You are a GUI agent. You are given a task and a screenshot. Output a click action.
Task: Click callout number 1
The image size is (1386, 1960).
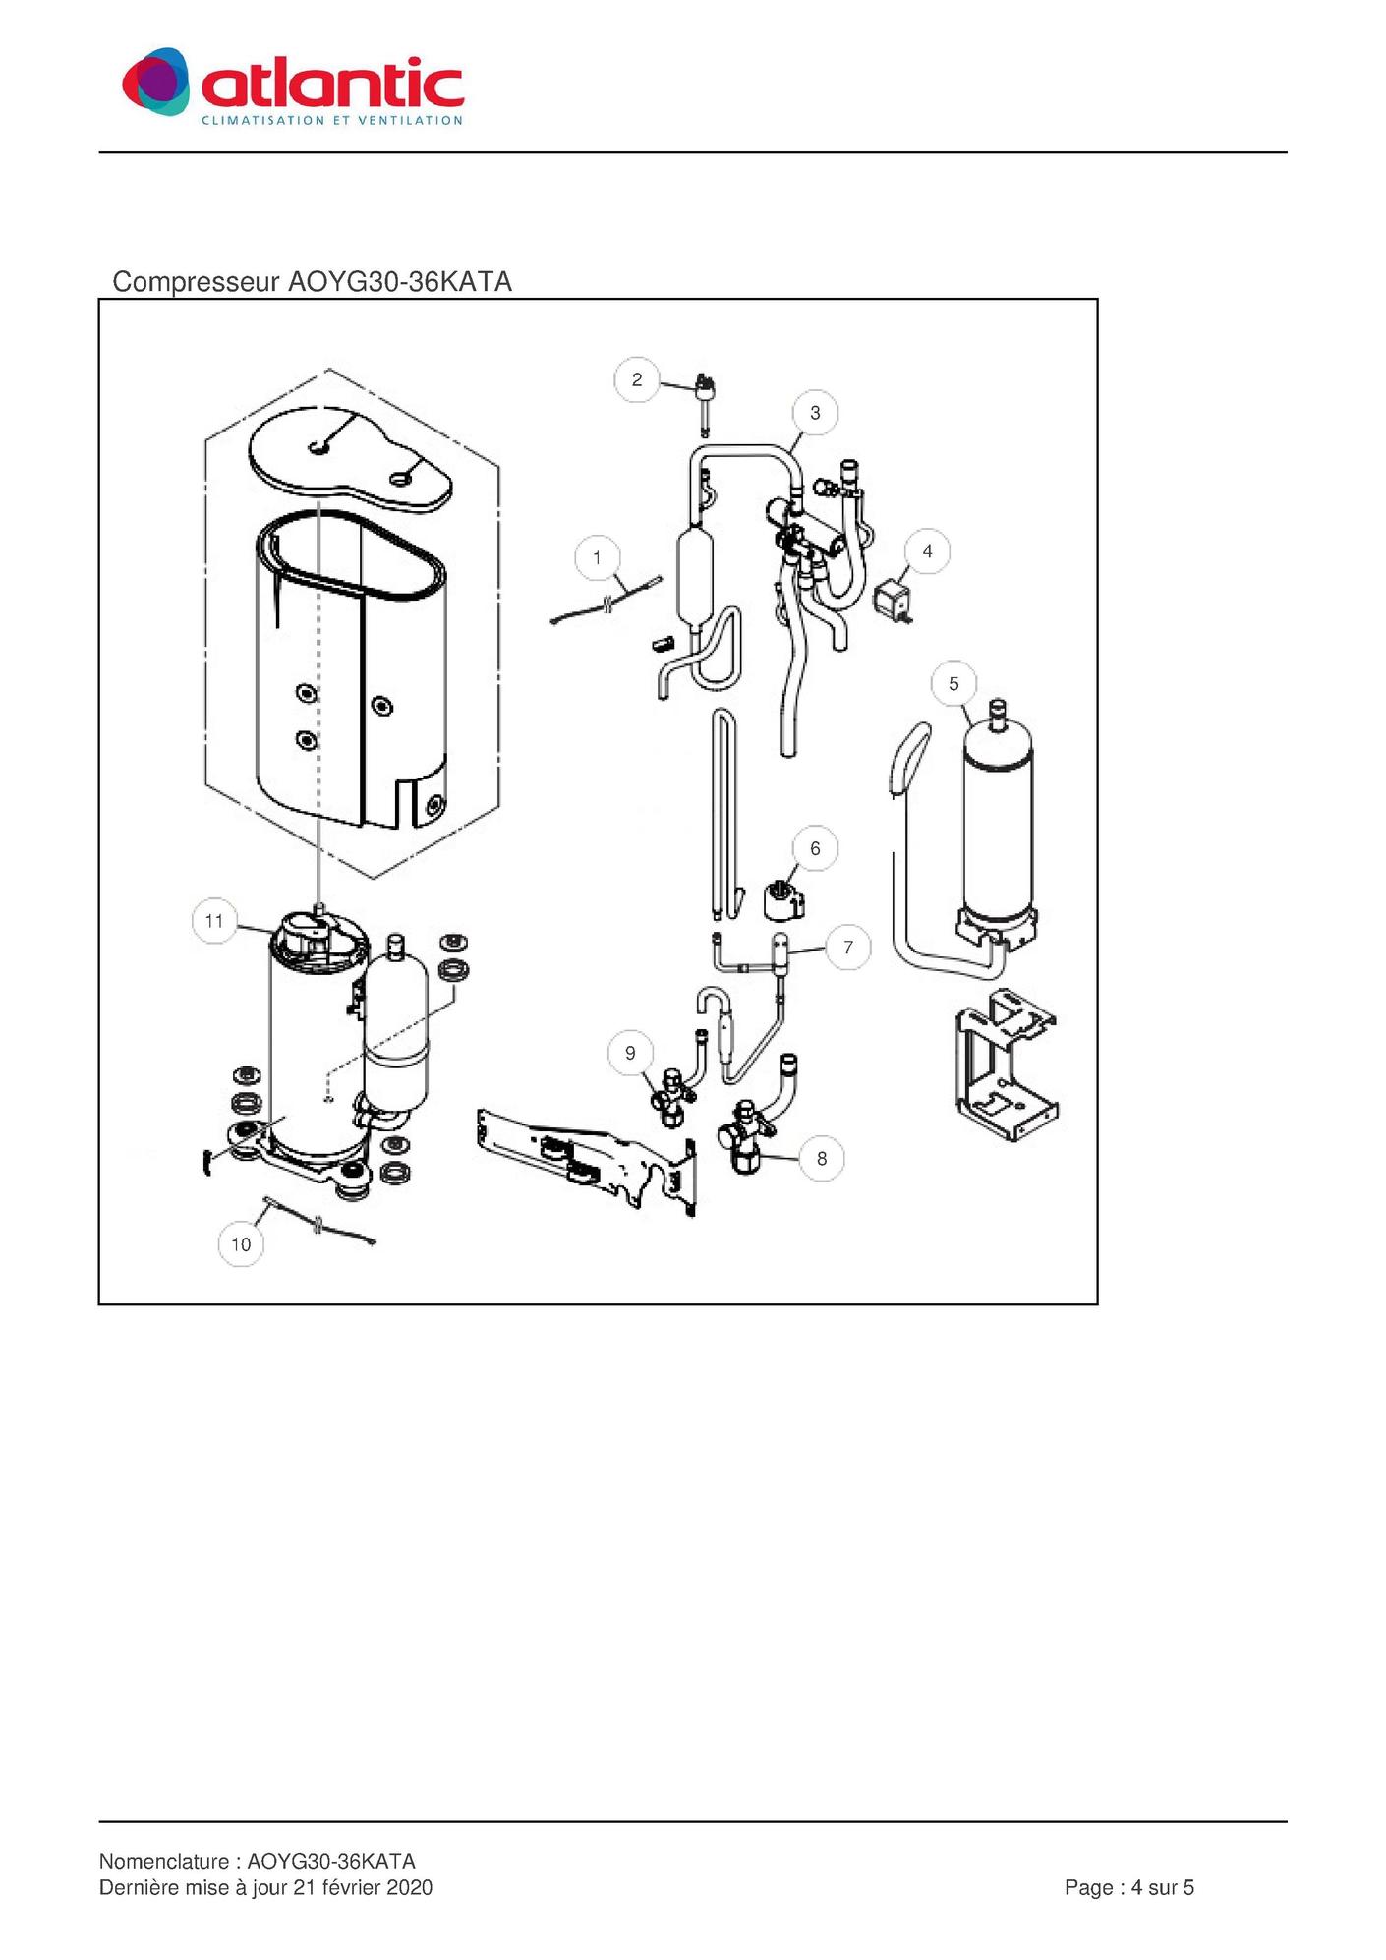click(597, 558)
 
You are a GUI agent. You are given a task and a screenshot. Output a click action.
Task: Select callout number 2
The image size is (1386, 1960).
click(637, 379)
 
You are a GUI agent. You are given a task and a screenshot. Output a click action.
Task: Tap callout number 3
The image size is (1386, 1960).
click(815, 413)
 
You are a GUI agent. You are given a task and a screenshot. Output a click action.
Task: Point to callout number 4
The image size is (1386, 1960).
click(927, 551)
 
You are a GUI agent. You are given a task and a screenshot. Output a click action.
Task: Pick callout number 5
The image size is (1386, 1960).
click(953, 684)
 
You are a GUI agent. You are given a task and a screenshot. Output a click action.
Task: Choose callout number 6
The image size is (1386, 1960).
click(815, 848)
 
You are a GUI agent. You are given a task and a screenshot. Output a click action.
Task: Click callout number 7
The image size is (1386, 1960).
click(848, 948)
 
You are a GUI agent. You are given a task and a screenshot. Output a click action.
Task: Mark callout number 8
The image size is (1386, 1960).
click(822, 1159)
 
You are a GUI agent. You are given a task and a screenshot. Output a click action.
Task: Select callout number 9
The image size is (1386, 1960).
click(630, 1053)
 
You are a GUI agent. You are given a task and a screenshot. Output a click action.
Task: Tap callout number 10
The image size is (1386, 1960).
click(241, 1244)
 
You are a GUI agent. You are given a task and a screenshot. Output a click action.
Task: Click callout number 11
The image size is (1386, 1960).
click(214, 921)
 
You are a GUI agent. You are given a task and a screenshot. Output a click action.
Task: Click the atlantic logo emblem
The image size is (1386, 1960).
click(155, 82)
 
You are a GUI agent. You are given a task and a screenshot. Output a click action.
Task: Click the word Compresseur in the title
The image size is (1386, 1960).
click(196, 282)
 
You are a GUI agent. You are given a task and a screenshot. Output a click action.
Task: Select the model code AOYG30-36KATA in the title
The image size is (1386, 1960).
click(399, 282)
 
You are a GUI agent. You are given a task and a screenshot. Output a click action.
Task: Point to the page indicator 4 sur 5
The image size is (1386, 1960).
click(1163, 1887)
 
